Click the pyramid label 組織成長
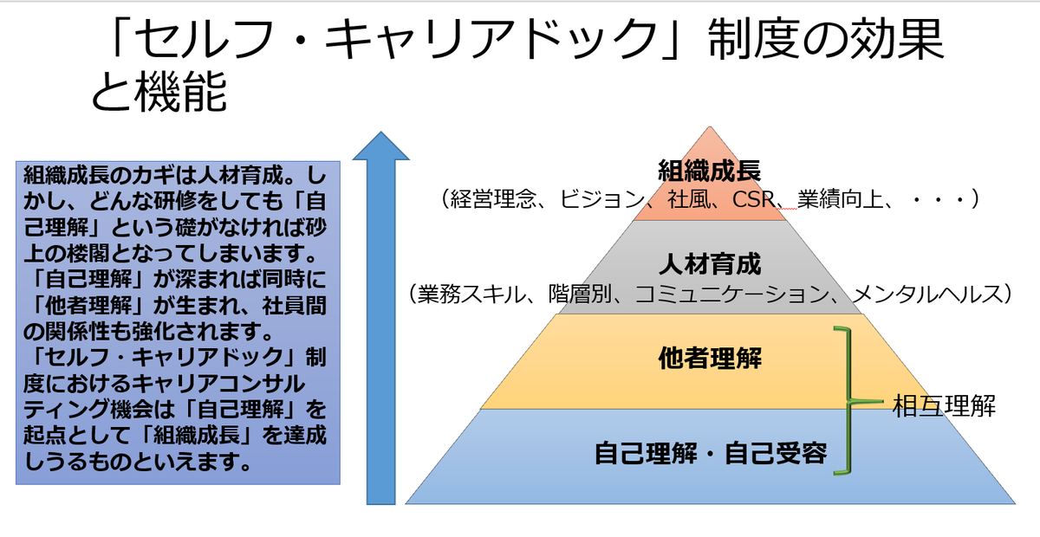click(710, 171)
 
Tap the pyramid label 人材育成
click(711, 264)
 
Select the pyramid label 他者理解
click(711, 358)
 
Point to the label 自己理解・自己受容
click(711, 453)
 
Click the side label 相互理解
click(944, 405)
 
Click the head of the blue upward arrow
click(381, 146)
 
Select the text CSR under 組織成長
click(753, 199)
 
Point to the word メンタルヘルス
click(927, 294)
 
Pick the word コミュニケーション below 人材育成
click(731, 294)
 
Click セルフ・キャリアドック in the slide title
click(398, 39)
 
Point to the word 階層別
click(580, 294)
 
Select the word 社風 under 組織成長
click(688, 199)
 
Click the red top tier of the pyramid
click(710, 185)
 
